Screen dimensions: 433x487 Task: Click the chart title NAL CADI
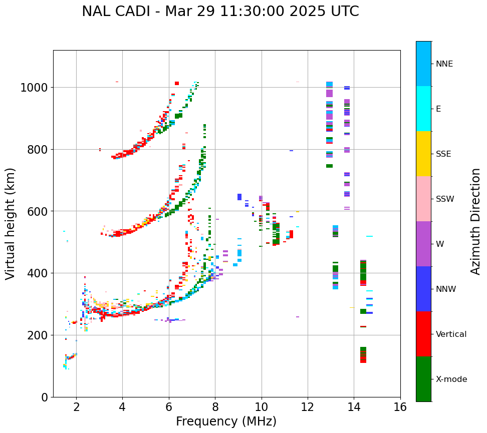click(220, 12)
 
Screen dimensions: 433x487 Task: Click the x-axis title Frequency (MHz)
click(226, 421)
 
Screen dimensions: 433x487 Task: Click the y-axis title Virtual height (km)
click(11, 223)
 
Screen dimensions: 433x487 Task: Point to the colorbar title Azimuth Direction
click(475, 221)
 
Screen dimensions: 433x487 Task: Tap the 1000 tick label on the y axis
click(34, 88)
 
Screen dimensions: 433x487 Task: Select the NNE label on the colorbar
click(444, 64)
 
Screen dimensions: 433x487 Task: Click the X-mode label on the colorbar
click(451, 379)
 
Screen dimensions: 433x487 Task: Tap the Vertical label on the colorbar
click(451, 334)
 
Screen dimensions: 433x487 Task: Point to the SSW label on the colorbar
click(445, 199)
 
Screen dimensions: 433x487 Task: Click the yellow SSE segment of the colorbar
click(423, 154)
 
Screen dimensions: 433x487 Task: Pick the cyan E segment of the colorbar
click(423, 109)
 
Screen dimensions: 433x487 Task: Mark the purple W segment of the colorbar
click(423, 244)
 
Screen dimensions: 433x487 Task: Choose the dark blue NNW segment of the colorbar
click(423, 289)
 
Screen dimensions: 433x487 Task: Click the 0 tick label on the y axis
click(44, 397)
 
